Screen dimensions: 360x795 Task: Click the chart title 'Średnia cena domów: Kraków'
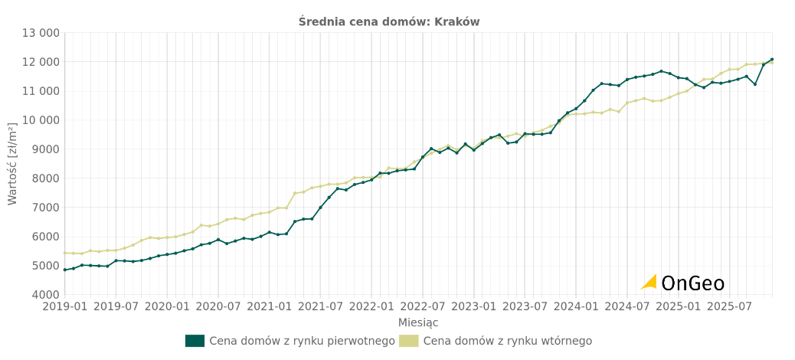pyautogui.click(x=389, y=21)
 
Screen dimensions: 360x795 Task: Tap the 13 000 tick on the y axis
pyautogui.click(x=41, y=33)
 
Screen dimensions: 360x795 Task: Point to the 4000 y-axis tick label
pyautogui.click(x=45, y=295)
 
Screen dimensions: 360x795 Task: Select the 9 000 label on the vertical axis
pyautogui.click(x=43, y=149)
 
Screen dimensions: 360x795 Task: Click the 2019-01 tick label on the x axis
pyautogui.click(x=65, y=307)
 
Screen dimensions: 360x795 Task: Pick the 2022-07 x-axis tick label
pyautogui.click(x=423, y=307)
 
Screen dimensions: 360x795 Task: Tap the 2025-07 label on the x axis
pyautogui.click(x=729, y=307)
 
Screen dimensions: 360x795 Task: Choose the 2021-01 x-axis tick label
pyautogui.click(x=270, y=307)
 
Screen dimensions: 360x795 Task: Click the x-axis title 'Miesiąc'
pyautogui.click(x=418, y=322)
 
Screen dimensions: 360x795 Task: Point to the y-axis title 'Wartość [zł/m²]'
pyautogui.click(x=12, y=163)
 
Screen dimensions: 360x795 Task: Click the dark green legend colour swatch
pyautogui.click(x=195, y=341)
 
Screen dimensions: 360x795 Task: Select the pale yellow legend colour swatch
pyautogui.click(x=409, y=341)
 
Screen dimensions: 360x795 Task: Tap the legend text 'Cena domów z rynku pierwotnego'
pyautogui.click(x=302, y=341)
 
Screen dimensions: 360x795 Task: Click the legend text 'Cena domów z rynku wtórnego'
pyautogui.click(x=507, y=341)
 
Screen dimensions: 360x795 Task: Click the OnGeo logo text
pyautogui.click(x=692, y=283)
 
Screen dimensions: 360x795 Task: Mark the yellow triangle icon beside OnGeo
pyautogui.click(x=649, y=282)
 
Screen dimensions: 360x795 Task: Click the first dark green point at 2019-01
pyautogui.click(x=65, y=270)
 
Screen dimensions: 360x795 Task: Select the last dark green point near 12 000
pyautogui.click(x=771, y=59)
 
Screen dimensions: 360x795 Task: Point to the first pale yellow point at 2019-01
pyautogui.click(x=65, y=253)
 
